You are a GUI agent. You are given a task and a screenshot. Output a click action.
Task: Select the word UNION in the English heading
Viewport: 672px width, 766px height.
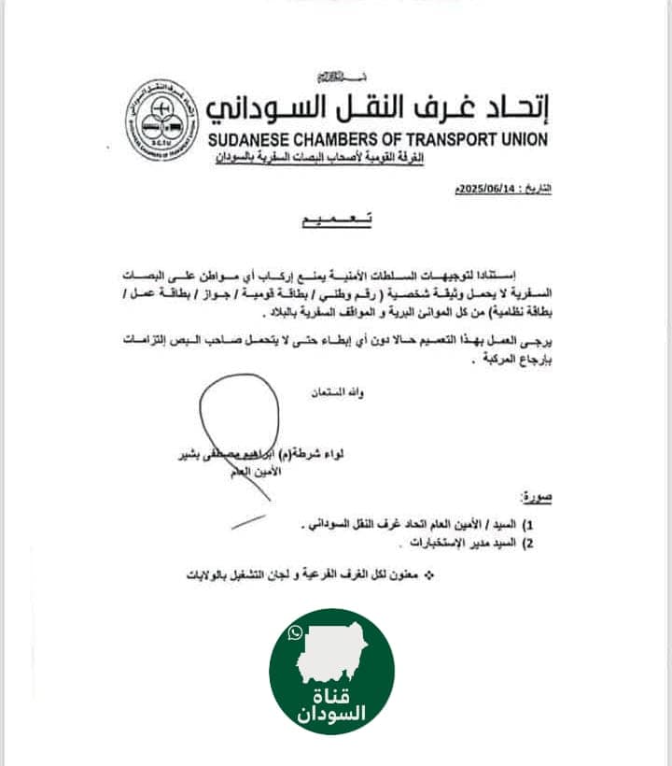click(x=524, y=139)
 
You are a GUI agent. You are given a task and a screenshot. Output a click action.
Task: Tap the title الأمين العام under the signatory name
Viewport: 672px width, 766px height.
click(x=247, y=474)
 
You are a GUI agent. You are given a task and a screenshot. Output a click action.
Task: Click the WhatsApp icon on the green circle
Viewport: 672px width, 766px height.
click(x=296, y=634)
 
